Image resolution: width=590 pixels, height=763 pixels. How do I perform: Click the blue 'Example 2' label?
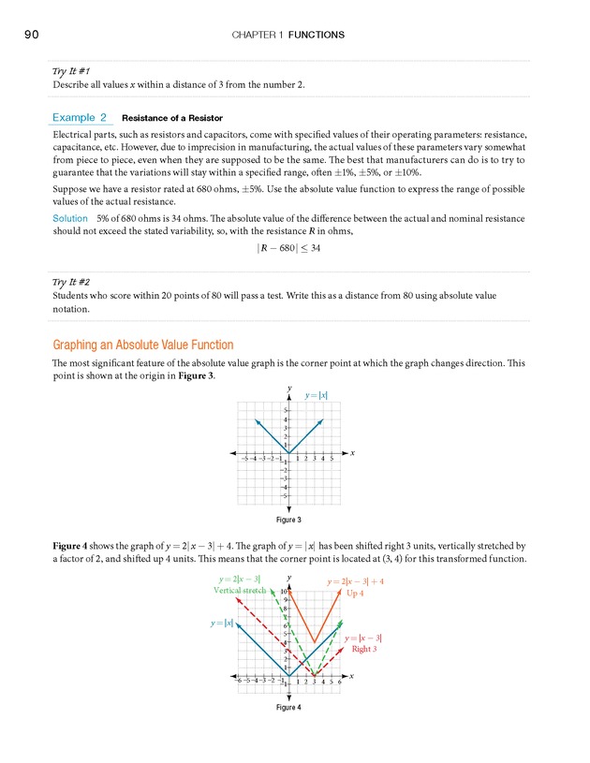[80, 118]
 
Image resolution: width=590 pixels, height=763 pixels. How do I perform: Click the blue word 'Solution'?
[71, 217]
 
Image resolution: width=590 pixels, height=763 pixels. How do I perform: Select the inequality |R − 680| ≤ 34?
[294, 248]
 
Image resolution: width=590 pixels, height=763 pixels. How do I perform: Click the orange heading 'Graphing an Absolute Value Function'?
[143, 345]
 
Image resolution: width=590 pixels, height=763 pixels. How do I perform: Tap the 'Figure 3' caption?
[288, 520]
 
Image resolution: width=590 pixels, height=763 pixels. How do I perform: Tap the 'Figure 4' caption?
[288, 707]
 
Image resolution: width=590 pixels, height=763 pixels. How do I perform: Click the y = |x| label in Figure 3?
[317, 396]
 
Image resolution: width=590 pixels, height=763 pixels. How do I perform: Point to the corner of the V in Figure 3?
[288, 454]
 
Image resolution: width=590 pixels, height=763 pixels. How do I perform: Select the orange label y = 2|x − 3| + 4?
[355, 581]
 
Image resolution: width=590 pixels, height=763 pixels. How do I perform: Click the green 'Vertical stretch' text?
[240, 591]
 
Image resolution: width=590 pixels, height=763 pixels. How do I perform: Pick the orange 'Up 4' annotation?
[355, 594]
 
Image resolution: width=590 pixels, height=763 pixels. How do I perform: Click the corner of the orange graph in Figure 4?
[315, 642]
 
